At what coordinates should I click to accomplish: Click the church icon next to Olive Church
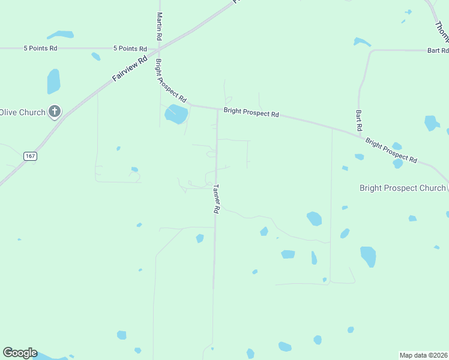pos(55,112)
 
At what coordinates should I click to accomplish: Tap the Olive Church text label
pos(22,112)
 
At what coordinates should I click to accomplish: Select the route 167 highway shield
pos(30,156)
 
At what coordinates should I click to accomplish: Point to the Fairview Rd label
pos(130,70)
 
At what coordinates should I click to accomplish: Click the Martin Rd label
pos(159,26)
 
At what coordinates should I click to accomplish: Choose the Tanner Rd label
pos(216,199)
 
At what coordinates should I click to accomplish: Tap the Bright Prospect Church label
pos(402,188)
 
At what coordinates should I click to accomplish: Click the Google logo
pos(20,353)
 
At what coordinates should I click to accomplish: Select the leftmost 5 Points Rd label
pos(40,48)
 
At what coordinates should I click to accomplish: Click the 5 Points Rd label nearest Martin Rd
pos(130,49)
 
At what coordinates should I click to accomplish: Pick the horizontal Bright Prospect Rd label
pos(251,112)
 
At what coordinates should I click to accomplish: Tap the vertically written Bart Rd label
pos(358,120)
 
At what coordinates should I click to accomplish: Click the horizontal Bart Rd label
pos(438,51)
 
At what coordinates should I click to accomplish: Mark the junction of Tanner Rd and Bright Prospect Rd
pos(217,109)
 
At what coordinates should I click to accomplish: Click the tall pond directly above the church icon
pos(53,81)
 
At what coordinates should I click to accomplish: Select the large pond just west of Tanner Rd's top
pos(176,113)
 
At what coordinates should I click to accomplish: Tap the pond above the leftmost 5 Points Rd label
pos(60,35)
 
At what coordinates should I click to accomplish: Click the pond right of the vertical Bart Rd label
pos(432,123)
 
